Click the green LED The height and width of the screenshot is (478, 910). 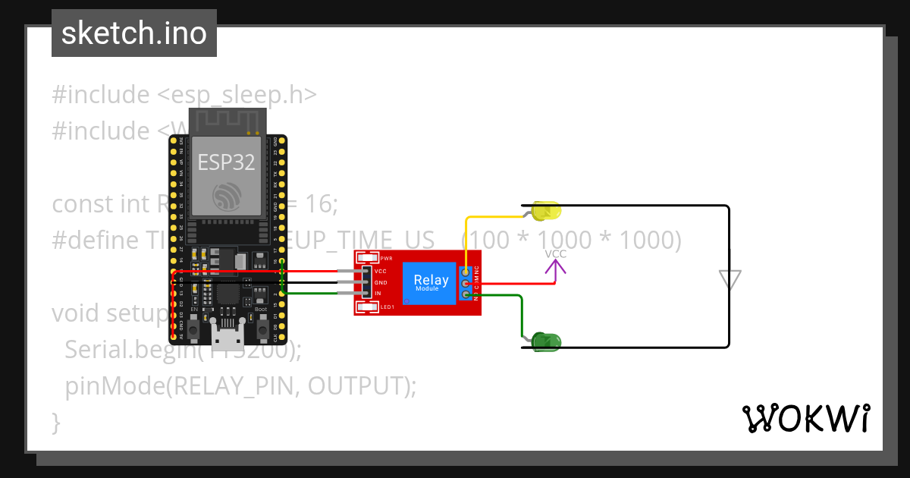(x=545, y=342)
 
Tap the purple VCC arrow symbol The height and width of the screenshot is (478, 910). (x=556, y=268)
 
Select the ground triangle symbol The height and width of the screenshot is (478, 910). (x=730, y=280)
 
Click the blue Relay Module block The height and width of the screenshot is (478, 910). (x=429, y=282)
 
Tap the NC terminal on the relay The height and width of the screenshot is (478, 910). (x=465, y=271)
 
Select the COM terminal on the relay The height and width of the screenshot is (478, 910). (x=465, y=283)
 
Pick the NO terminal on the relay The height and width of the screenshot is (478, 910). (x=465, y=294)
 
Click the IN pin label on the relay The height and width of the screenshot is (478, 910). (x=378, y=294)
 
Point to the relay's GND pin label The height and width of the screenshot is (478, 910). (x=380, y=282)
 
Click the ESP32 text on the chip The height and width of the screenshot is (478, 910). (x=227, y=162)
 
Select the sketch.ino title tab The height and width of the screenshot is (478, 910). (x=134, y=33)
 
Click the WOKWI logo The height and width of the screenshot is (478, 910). (x=806, y=418)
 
